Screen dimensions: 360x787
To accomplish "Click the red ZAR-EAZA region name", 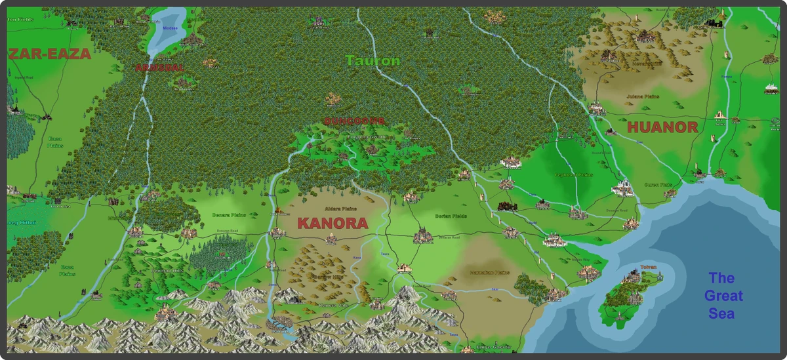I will (49, 54).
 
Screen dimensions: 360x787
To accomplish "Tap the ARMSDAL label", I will (159, 68).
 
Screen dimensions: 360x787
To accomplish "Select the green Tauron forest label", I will (373, 61).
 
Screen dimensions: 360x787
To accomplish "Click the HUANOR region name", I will (662, 127).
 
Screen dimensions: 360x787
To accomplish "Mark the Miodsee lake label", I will (170, 29).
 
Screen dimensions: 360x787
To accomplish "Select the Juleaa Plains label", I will (643, 97).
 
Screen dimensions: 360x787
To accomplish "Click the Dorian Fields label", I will (450, 216).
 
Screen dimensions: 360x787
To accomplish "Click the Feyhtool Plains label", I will (574, 175).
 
